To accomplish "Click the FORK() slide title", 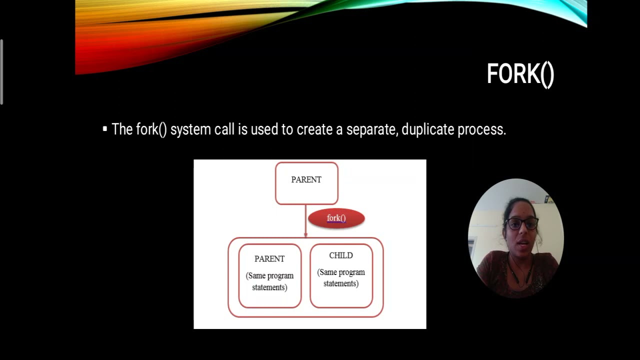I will (x=520, y=74).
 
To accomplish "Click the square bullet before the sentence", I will (x=105, y=129).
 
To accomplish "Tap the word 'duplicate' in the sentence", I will (x=428, y=129).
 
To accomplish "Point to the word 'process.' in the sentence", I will (x=482, y=130).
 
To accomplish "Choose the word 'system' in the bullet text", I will (x=190, y=130).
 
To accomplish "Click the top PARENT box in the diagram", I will (x=306, y=183).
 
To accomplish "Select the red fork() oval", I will (x=336, y=218).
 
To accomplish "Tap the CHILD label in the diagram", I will (x=341, y=255).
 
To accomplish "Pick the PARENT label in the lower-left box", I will (x=269, y=259).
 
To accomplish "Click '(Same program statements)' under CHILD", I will (x=341, y=278).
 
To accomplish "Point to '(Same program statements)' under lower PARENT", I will (x=269, y=281).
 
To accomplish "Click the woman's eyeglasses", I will (x=521, y=223).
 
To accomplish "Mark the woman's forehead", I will (x=520, y=209).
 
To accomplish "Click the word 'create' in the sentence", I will (x=314, y=129).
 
